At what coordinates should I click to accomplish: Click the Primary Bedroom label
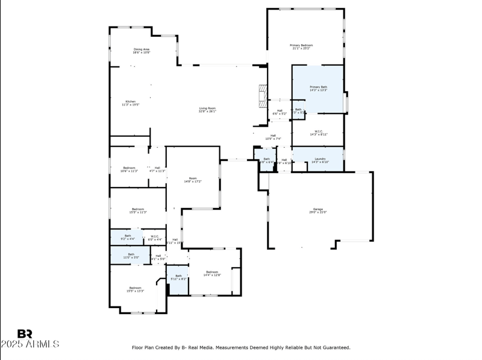pos(301,47)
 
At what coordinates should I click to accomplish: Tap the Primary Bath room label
pos(318,89)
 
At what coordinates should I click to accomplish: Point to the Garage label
pos(318,210)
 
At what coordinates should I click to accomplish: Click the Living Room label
pos(207,110)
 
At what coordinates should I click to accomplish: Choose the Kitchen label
pos(130,103)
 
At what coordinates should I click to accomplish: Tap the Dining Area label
pos(142,51)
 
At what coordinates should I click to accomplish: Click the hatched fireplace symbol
pos(262,95)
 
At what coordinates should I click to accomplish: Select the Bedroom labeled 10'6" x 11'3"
pos(130,169)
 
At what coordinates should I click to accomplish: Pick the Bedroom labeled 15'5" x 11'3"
pos(137,210)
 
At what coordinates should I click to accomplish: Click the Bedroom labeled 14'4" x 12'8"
pos(212,273)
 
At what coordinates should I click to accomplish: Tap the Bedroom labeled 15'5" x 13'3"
pos(135,289)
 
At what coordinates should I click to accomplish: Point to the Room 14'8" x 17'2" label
pos(193,180)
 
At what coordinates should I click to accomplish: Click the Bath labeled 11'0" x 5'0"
pos(131,256)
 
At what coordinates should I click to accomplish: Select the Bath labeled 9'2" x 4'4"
pos(128,238)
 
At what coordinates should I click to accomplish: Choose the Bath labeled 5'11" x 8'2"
pos(178,277)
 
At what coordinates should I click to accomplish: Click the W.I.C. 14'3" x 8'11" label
pos(319,133)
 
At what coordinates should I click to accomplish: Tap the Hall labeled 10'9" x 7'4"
pos(273,137)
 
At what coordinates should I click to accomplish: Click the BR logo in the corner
pos(25,333)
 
